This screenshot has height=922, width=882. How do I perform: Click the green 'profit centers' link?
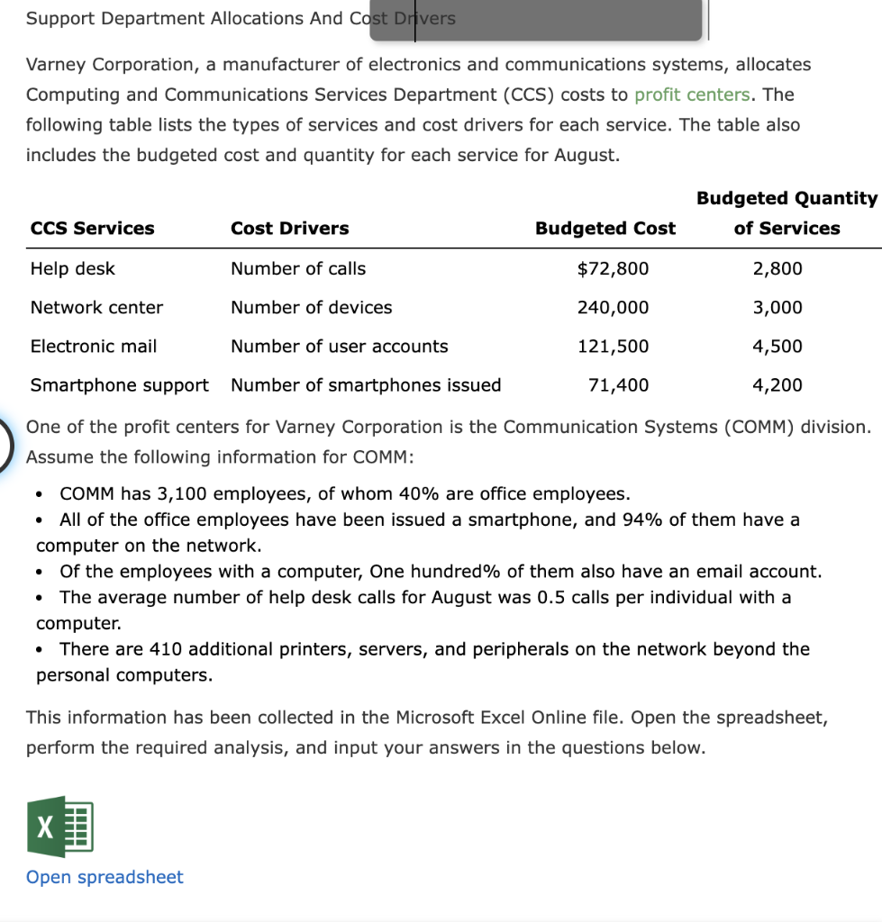point(692,95)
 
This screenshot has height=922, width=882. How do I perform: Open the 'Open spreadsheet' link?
point(105,877)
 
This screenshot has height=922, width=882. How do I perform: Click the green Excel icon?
point(60,826)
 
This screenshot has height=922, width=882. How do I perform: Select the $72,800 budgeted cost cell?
point(613,268)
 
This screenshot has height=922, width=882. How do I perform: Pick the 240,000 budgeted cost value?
point(613,307)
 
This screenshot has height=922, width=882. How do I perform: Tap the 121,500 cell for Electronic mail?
point(613,346)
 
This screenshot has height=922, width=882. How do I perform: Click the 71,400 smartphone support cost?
point(618,385)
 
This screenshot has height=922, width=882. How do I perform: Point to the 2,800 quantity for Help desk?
point(777,268)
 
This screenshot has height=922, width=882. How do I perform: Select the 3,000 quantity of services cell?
point(777,307)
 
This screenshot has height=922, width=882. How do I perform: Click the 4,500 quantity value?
point(777,346)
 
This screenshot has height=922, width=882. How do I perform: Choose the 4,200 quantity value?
point(777,385)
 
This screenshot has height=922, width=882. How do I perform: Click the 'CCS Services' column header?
point(92,229)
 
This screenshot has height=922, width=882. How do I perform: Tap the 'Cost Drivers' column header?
point(289,229)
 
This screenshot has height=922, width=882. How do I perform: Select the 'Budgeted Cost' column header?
point(605,229)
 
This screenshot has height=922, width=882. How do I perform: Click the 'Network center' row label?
point(96,307)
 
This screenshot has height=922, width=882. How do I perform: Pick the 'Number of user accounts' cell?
point(339,346)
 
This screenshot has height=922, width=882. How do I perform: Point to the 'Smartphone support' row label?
point(119,385)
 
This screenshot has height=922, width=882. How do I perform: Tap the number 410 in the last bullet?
point(165,649)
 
